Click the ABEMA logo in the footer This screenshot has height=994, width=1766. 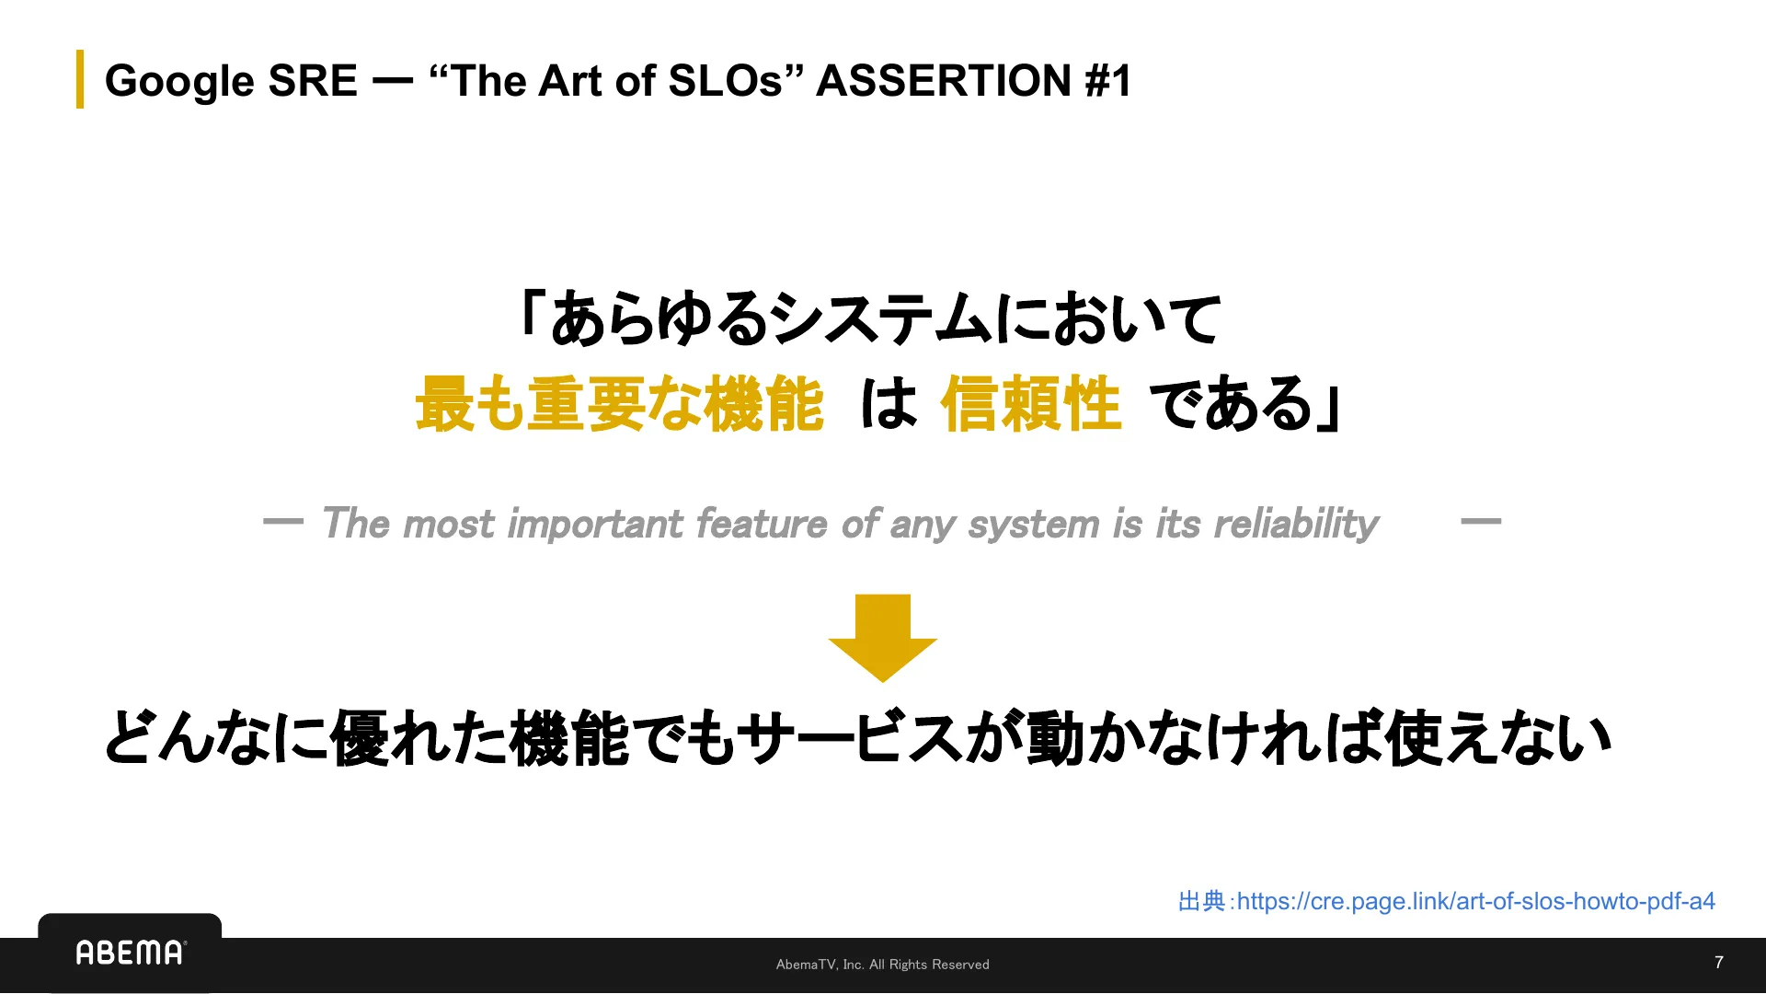click(x=130, y=953)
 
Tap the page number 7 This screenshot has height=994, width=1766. click(x=1718, y=963)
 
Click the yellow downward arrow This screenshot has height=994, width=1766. click(x=882, y=637)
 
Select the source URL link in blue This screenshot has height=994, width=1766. click(x=1475, y=901)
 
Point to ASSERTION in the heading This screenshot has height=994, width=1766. click(x=944, y=81)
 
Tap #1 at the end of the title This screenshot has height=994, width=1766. click(x=1107, y=81)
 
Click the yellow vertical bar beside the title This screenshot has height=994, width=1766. click(x=80, y=79)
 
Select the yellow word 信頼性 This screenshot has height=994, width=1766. click(x=1030, y=404)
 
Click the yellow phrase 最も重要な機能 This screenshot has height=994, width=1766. click(x=619, y=404)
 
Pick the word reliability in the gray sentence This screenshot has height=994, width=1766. click(x=1296, y=524)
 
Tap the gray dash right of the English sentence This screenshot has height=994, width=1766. click(x=1480, y=521)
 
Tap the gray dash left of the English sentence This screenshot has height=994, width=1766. click(x=282, y=521)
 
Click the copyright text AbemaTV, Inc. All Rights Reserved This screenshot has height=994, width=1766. click(x=882, y=965)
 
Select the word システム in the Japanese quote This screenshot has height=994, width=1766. click(x=881, y=319)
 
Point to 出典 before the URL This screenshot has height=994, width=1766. click(x=1201, y=901)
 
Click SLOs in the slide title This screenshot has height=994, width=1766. click(x=725, y=81)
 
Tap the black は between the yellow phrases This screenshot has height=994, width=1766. click(x=889, y=404)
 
